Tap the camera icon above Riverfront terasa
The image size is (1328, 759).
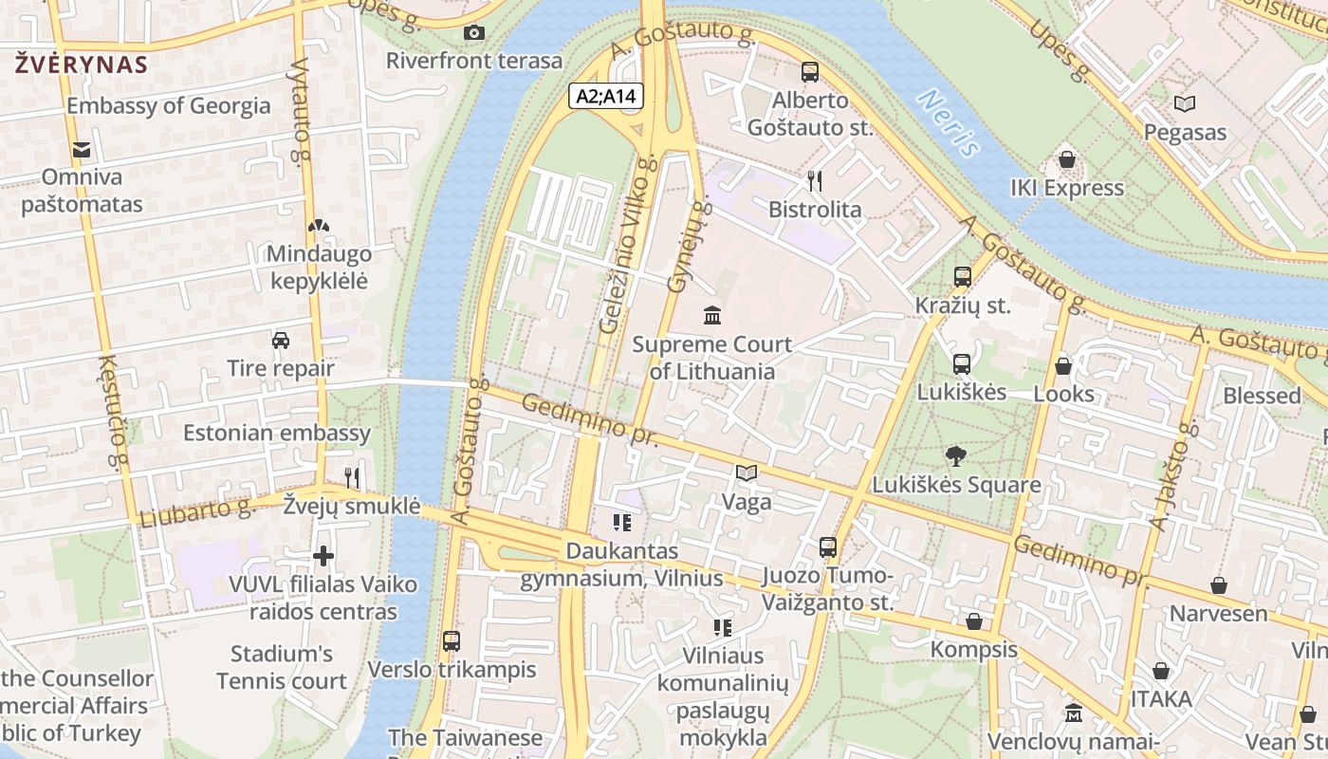click(474, 33)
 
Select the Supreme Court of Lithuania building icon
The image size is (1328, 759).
click(711, 315)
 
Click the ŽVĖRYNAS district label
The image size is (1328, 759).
click(82, 65)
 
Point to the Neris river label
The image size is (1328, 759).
click(949, 122)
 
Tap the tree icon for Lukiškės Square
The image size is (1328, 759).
click(956, 456)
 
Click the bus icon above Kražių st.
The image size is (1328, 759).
click(963, 277)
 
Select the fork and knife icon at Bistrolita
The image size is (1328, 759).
click(815, 180)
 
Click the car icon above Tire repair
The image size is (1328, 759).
click(281, 340)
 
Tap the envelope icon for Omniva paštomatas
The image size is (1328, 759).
click(82, 149)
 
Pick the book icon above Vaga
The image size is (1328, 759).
click(747, 472)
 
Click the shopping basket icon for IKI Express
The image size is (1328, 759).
click(1067, 159)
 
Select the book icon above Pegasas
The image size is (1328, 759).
click(1184, 103)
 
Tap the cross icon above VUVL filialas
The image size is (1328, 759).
click(323, 555)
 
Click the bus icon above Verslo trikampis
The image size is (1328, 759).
click(452, 640)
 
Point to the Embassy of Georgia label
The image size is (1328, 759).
click(168, 105)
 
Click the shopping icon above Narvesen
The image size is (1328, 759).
click(1219, 585)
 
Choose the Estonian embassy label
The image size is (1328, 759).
click(277, 434)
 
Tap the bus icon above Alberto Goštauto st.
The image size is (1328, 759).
click(810, 71)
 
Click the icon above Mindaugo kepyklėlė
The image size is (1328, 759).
click(319, 226)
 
